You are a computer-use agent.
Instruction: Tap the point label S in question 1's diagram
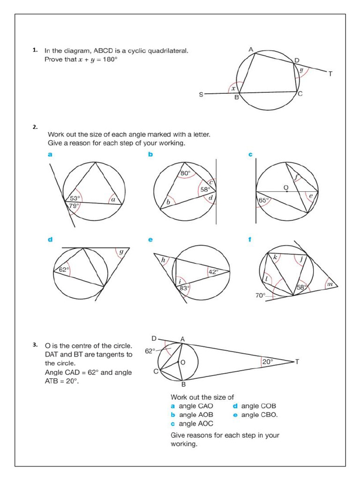202,95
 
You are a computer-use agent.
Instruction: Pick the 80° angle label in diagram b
185,173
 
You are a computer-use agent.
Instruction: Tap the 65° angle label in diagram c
264,200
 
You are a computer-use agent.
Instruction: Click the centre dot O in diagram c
286,192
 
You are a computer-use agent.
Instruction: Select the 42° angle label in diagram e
214,271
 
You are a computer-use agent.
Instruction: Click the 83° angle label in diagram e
185,288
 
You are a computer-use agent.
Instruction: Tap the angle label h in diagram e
163,260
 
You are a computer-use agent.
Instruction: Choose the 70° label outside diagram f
261,296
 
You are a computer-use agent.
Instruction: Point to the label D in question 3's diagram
154,338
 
